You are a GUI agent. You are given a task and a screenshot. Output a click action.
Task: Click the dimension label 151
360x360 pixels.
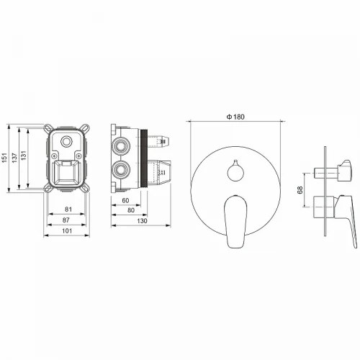point(5,158)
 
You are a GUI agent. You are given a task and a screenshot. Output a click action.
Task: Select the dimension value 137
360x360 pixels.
point(15,158)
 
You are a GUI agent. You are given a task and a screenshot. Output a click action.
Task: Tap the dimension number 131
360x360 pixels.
point(23,156)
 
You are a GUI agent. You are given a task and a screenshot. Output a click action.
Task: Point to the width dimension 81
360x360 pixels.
point(68,210)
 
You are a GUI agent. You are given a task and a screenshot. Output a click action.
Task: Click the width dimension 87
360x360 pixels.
point(66,220)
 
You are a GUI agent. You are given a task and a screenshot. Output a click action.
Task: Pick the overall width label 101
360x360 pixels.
point(67,230)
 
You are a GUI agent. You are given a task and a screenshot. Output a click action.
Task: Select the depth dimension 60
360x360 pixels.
point(125,200)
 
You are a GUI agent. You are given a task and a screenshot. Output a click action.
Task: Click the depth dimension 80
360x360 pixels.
point(131,210)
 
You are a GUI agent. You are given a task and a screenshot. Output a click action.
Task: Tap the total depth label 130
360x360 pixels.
point(142,221)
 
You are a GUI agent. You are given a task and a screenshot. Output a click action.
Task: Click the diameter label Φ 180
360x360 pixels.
point(235,117)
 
